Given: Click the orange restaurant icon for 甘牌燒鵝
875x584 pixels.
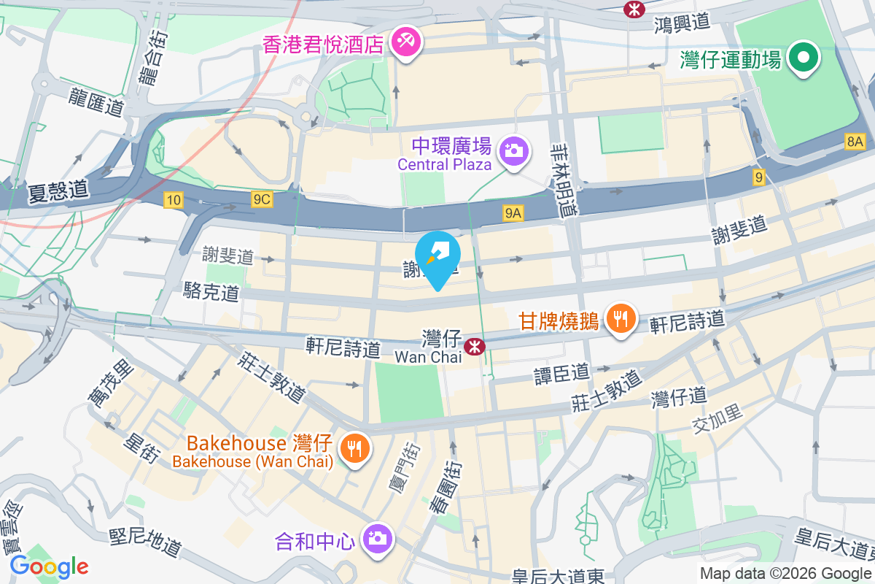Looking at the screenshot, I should (x=620, y=319).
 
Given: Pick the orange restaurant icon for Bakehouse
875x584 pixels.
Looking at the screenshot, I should (x=355, y=447).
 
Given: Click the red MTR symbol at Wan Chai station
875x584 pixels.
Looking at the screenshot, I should (x=475, y=346).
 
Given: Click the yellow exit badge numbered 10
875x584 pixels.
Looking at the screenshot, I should (x=174, y=199).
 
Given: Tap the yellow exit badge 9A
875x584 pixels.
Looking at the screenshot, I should (x=513, y=212).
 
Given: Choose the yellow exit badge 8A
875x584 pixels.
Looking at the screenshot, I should (x=855, y=142).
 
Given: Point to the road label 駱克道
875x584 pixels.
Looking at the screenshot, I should (x=211, y=293).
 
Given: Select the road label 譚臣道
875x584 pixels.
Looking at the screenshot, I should (x=561, y=373).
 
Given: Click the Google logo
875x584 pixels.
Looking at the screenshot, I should (x=49, y=566).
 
